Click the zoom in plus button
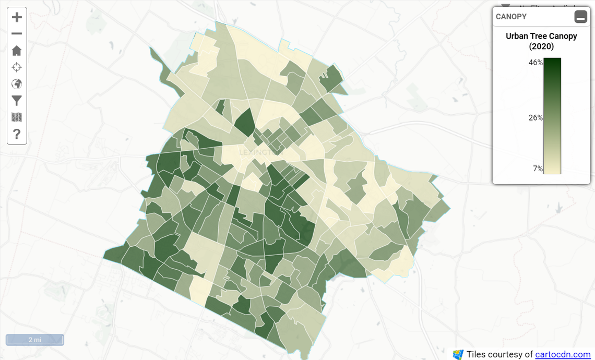click(x=17, y=17)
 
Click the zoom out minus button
click(x=17, y=34)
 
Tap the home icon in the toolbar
click(x=17, y=51)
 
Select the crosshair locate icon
click(x=17, y=67)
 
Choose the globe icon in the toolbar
click(x=17, y=84)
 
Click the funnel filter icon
click(x=17, y=101)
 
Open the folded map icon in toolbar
click(x=17, y=117)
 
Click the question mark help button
click(x=17, y=134)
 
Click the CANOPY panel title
click(x=511, y=17)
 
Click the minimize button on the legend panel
click(x=580, y=17)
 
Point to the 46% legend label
click(x=536, y=62)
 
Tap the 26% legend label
click(x=536, y=118)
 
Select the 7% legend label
click(x=538, y=169)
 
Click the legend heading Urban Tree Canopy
click(x=541, y=36)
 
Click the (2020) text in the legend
click(x=541, y=46)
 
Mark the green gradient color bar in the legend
click(x=552, y=116)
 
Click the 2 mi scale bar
click(x=34, y=340)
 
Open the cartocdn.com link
click(x=563, y=355)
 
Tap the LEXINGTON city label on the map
click(x=256, y=152)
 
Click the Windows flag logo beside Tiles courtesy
click(x=458, y=355)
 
